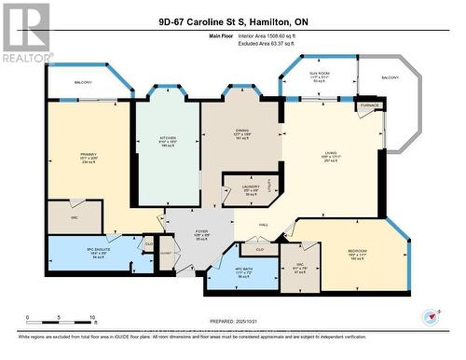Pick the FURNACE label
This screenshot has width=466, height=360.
click(366, 105)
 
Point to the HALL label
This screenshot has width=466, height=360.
click(264, 225)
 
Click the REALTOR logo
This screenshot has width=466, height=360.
click(25, 33)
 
